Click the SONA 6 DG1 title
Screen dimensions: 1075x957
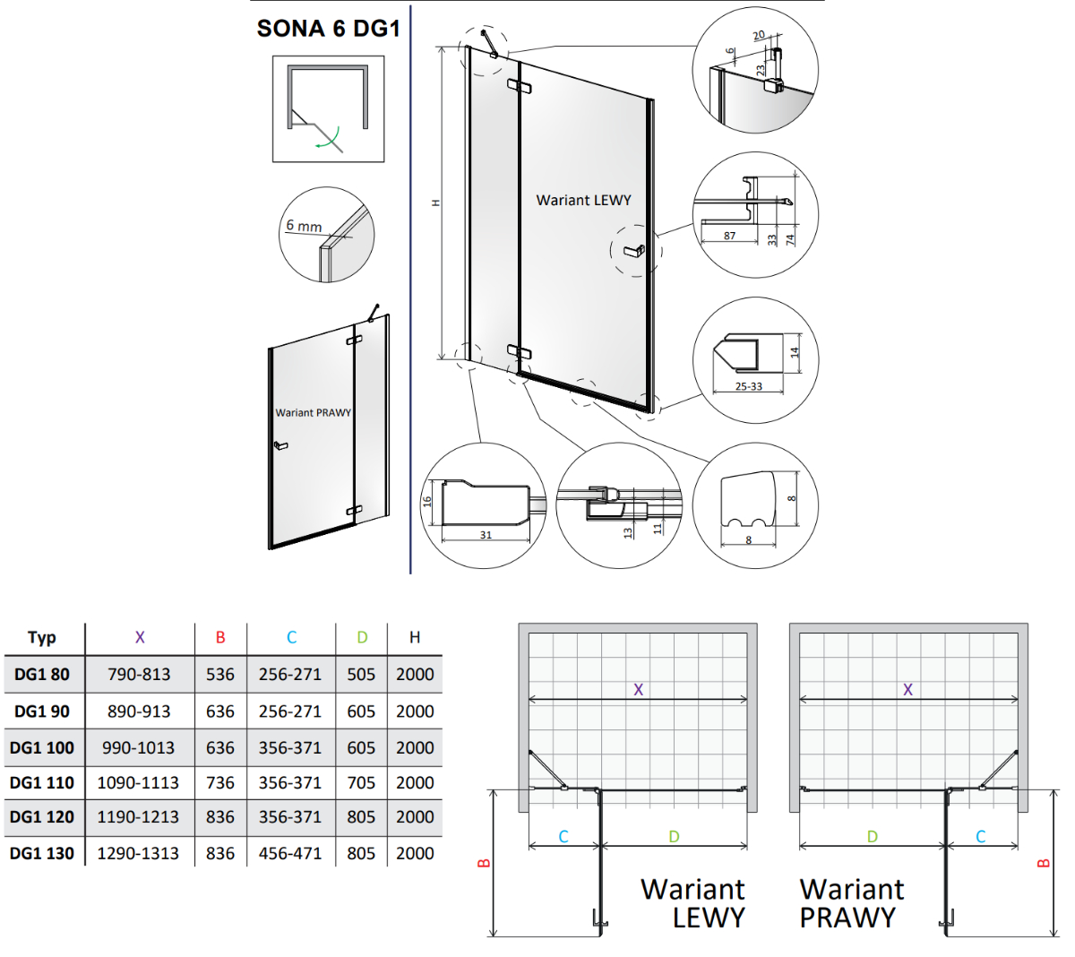[328, 28]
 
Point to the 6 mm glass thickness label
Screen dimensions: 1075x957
[304, 226]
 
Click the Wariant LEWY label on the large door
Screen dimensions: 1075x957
[583, 200]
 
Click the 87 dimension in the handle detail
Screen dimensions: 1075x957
[729, 235]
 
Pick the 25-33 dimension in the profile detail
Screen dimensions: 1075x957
[748, 386]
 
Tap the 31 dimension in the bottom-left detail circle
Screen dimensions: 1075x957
[486, 534]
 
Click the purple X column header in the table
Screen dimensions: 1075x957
[140, 637]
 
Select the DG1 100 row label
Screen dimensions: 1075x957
[42, 747]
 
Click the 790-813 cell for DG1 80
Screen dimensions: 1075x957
[139, 674]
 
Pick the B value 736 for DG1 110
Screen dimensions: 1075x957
[220, 782]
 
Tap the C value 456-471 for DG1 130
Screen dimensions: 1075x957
[290, 853]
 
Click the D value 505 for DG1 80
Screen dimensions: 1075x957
[361, 674]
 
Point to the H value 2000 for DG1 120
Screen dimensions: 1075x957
[415, 816]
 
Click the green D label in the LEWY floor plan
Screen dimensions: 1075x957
[674, 837]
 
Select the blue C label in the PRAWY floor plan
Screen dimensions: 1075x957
[981, 837]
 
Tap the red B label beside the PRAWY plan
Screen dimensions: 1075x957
[1043, 863]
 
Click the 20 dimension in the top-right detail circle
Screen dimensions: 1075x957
[759, 35]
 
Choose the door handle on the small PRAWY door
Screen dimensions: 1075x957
[280, 445]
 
